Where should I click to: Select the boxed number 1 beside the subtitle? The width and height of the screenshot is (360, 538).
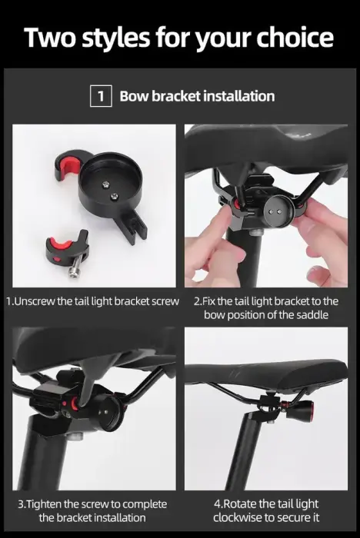pos(100,96)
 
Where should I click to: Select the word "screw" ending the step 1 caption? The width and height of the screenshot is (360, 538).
pos(165,301)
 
